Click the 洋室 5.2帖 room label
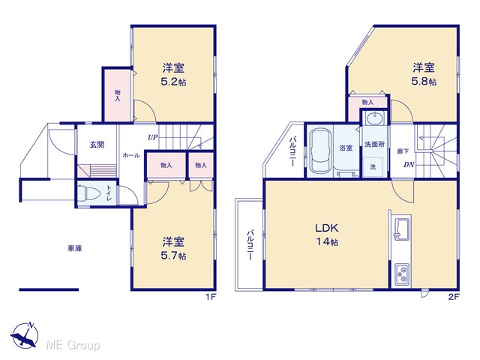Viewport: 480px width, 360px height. (x=173, y=75)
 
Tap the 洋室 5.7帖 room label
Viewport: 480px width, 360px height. (x=173, y=248)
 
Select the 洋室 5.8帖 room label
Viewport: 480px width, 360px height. (x=424, y=74)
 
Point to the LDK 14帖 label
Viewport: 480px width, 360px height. (x=327, y=235)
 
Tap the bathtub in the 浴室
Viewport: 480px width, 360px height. (x=320, y=151)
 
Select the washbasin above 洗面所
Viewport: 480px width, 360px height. (x=374, y=118)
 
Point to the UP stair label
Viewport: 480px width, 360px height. (x=153, y=138)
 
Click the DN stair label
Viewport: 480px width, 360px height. (x=409, y=165)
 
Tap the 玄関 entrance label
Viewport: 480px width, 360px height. (x=97, y=145)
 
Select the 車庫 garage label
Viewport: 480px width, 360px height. (x=75, y=248)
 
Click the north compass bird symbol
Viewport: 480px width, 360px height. (x=25, y=335)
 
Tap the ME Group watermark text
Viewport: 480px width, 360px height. (x=73, y=345)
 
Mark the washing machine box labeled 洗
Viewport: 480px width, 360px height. (x=373, y=166)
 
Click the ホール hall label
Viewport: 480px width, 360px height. (x=131, y=155)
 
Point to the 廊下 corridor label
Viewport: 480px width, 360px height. (x=403, y=151)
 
